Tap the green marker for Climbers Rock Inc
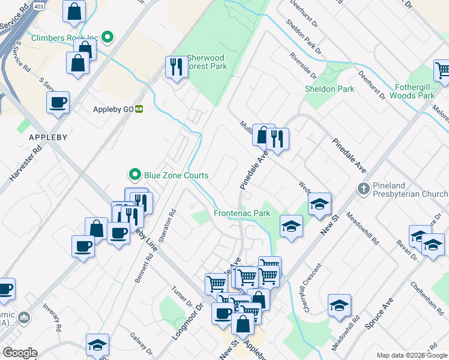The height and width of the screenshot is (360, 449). tap(108, 38)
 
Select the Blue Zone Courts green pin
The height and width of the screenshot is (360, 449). tap(134, 175)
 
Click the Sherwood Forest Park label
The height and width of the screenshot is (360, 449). tap(207, 62)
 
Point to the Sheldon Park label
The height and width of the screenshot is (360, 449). tap(330, 89)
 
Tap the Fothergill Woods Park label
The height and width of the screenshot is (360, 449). tap(411, 91)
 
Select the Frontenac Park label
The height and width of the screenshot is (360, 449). tap(242, 213)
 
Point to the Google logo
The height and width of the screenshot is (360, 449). tap(20, 353)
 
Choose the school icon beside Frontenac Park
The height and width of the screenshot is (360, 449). tap(292, 226)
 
